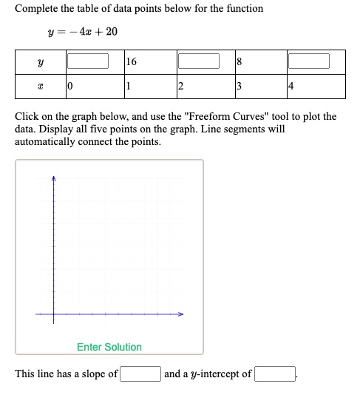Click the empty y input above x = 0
pos(88,61)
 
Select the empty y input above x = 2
pos(198,61)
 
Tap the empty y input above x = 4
pos(308,61)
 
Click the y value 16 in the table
pos(132,61)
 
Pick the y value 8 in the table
pos(239,61)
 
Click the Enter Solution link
pos(109,347)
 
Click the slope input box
pos(140,374)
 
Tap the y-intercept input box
pos(275,374)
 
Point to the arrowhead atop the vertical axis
pos(53,178)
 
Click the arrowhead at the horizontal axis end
pos(180,314)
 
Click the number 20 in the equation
pos(111,32)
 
